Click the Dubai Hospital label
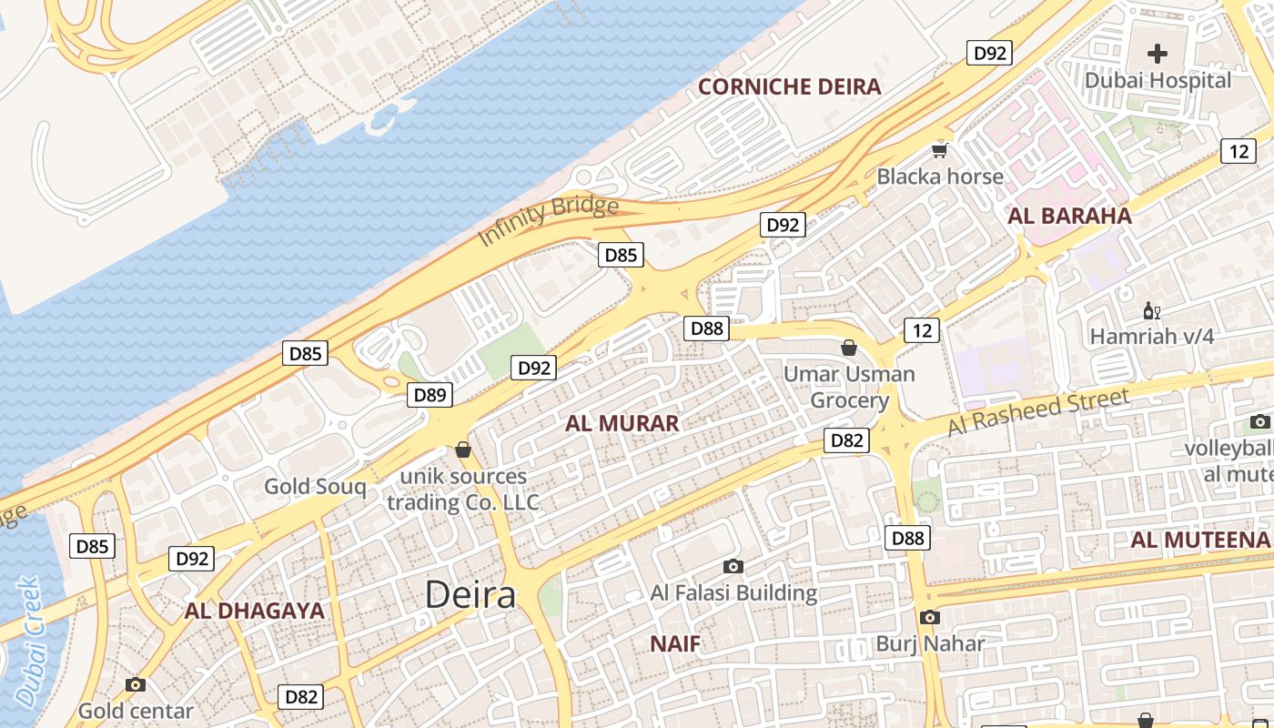click(x=1158, y=80)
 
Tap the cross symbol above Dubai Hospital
click(x=1158, y=54)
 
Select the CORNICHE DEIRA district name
click(x=789, y=86)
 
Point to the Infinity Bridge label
click(x=549, y=220)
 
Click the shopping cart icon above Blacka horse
click(x=939, y=150)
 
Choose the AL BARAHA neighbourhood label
click(x=1069, y=216)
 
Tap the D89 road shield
click(x=430, y=395)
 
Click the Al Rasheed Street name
click(x=1038, y=411)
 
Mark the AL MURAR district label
click(x=622, y=423)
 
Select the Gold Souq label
click(x=315, y=486)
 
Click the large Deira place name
click(x=470, y=595)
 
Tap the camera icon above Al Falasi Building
click(x=733, y=567)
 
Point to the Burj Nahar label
click(x=930, y=644)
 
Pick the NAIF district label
click(x=675, y=644)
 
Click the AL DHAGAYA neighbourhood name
click(x=255, y=611)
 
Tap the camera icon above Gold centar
click(x=136, y=685)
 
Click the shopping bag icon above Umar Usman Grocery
click(x=849, y=348)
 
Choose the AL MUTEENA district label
click(x=1199, y=540)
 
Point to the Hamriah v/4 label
click(x=1151, y=337)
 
